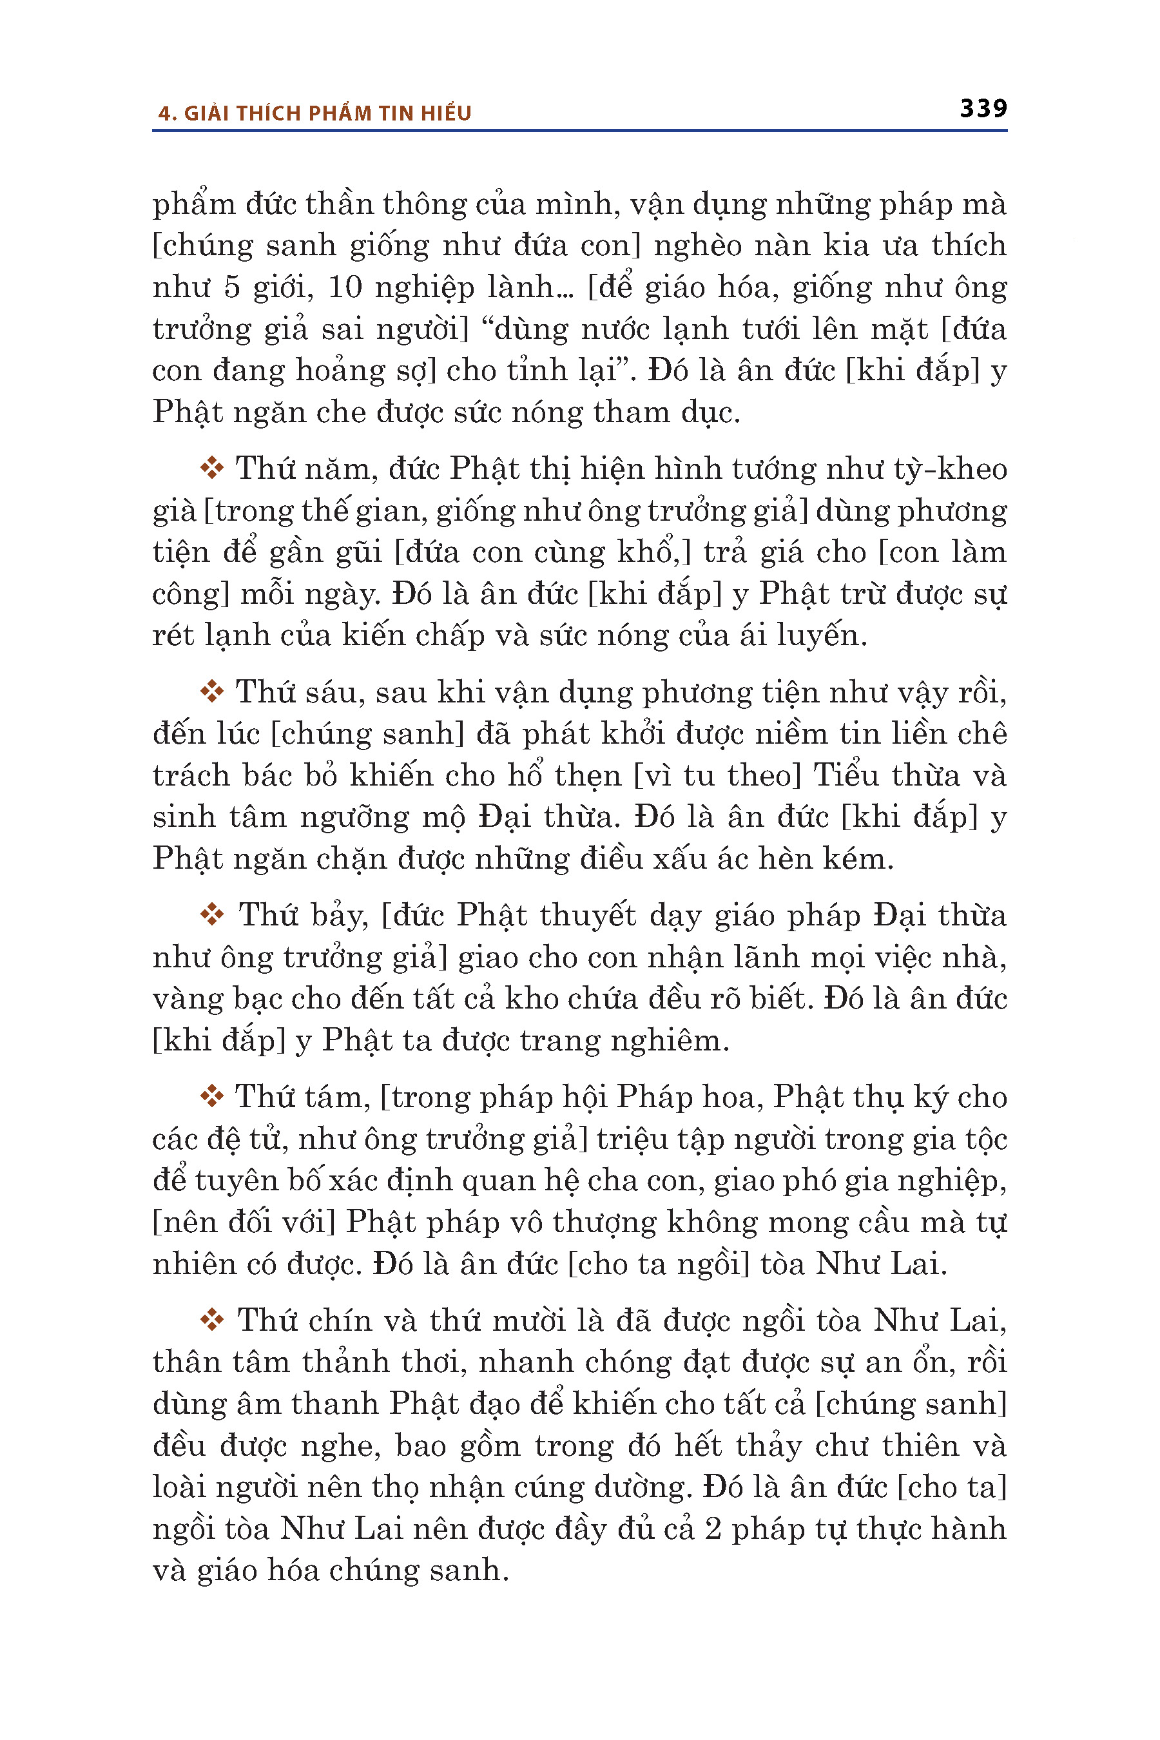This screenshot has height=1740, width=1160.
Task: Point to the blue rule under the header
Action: tap(579, 131)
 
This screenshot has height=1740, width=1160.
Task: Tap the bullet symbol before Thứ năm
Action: tap(211, 469)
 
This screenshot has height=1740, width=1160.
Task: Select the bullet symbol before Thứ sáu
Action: tap(211, 691)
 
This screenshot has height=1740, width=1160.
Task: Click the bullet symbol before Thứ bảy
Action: tap(211, 915)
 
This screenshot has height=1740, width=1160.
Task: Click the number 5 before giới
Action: tap(231, 287)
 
